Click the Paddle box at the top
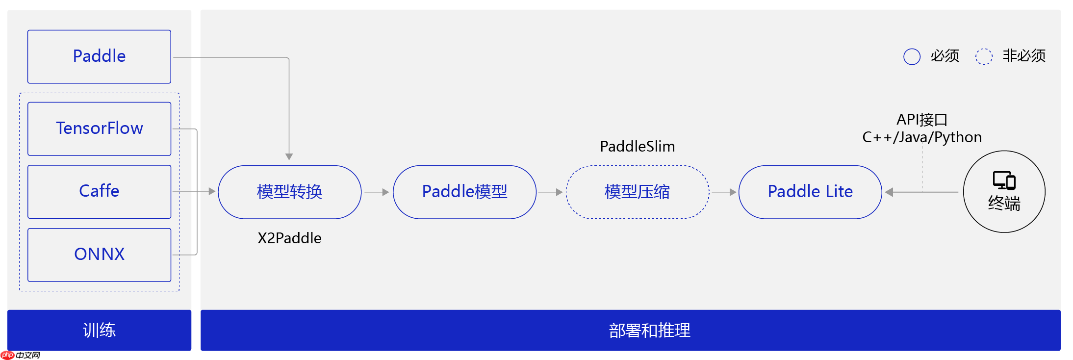pyautogui.click(x=99, y=56)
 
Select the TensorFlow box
pyautogui.click(x=99, y=129)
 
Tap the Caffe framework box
pyautogui.click(x=99, y=191)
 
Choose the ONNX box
pyautogui.click(x=99, y=255)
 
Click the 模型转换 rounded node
pyautogui.click(x=289, y=192)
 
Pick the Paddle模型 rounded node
pyautogui.click(x=464, y=192)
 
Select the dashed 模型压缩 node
pyautogui.click(x=637, y=192)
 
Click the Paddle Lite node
pyautogui.click(x=810, y=192)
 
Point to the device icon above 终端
pyautogui.click(x=1004, y=180)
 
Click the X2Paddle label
pyautogui.click(x=289, y=238)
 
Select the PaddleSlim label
pyautogui.click(x=637, y=147)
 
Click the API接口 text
pyautogui.click(x=921, y=120)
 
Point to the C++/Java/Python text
pyautogui.click(x=921, y=137)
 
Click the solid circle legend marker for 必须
pyautogui.click(x=912, y=56)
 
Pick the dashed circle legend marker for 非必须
pyautogui.click(x=984, y=56)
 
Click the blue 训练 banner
pyautogui.click(x=99, y=330)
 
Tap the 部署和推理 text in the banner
pyautogui.click(x=649, y=331)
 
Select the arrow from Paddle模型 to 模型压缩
pyautogui.click(x=550, y=192)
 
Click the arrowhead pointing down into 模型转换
pyautogui.click(x=289, y=156)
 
